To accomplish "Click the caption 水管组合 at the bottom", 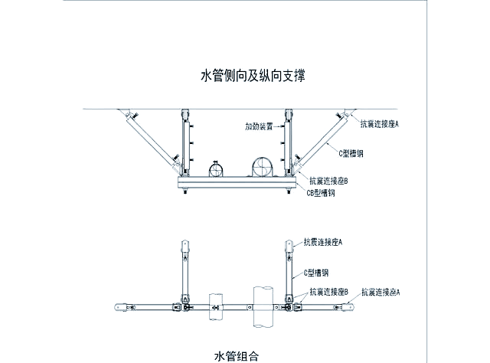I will tap(237, 355).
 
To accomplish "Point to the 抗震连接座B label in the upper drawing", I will tap(329, 181).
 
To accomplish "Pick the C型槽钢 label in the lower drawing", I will tap(315, 272).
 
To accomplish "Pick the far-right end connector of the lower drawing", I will tap(351, 308).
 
